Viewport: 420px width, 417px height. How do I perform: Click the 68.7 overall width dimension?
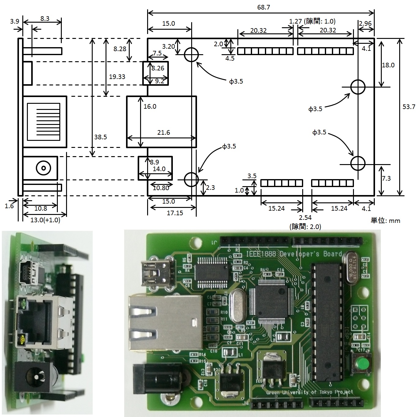click(263, 7)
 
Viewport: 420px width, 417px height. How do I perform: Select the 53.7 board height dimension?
click(409, 107)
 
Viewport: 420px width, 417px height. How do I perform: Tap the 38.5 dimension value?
click(100, 137)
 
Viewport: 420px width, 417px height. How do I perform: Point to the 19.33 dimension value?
click(117, 77)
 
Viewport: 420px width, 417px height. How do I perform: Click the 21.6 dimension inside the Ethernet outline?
click(163, 132)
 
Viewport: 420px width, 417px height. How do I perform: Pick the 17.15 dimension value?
click(175, 213)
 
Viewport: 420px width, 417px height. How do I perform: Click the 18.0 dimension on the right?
click(388, 65)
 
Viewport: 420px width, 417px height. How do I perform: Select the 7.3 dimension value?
click(386, 178)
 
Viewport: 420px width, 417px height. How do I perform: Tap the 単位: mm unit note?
click(385, 220)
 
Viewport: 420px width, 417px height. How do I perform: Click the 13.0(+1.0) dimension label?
click(45, 220)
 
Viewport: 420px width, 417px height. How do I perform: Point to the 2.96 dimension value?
click(365, 23)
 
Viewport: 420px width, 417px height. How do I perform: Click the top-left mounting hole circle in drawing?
click(191, 55)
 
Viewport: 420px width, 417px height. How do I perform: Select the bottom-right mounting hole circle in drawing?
click(358, 163)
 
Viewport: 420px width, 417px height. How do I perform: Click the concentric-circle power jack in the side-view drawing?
click(43, 168)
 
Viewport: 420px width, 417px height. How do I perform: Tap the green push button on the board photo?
click(361, 364)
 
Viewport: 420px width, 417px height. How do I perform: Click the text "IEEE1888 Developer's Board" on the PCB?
click(294, 254)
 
